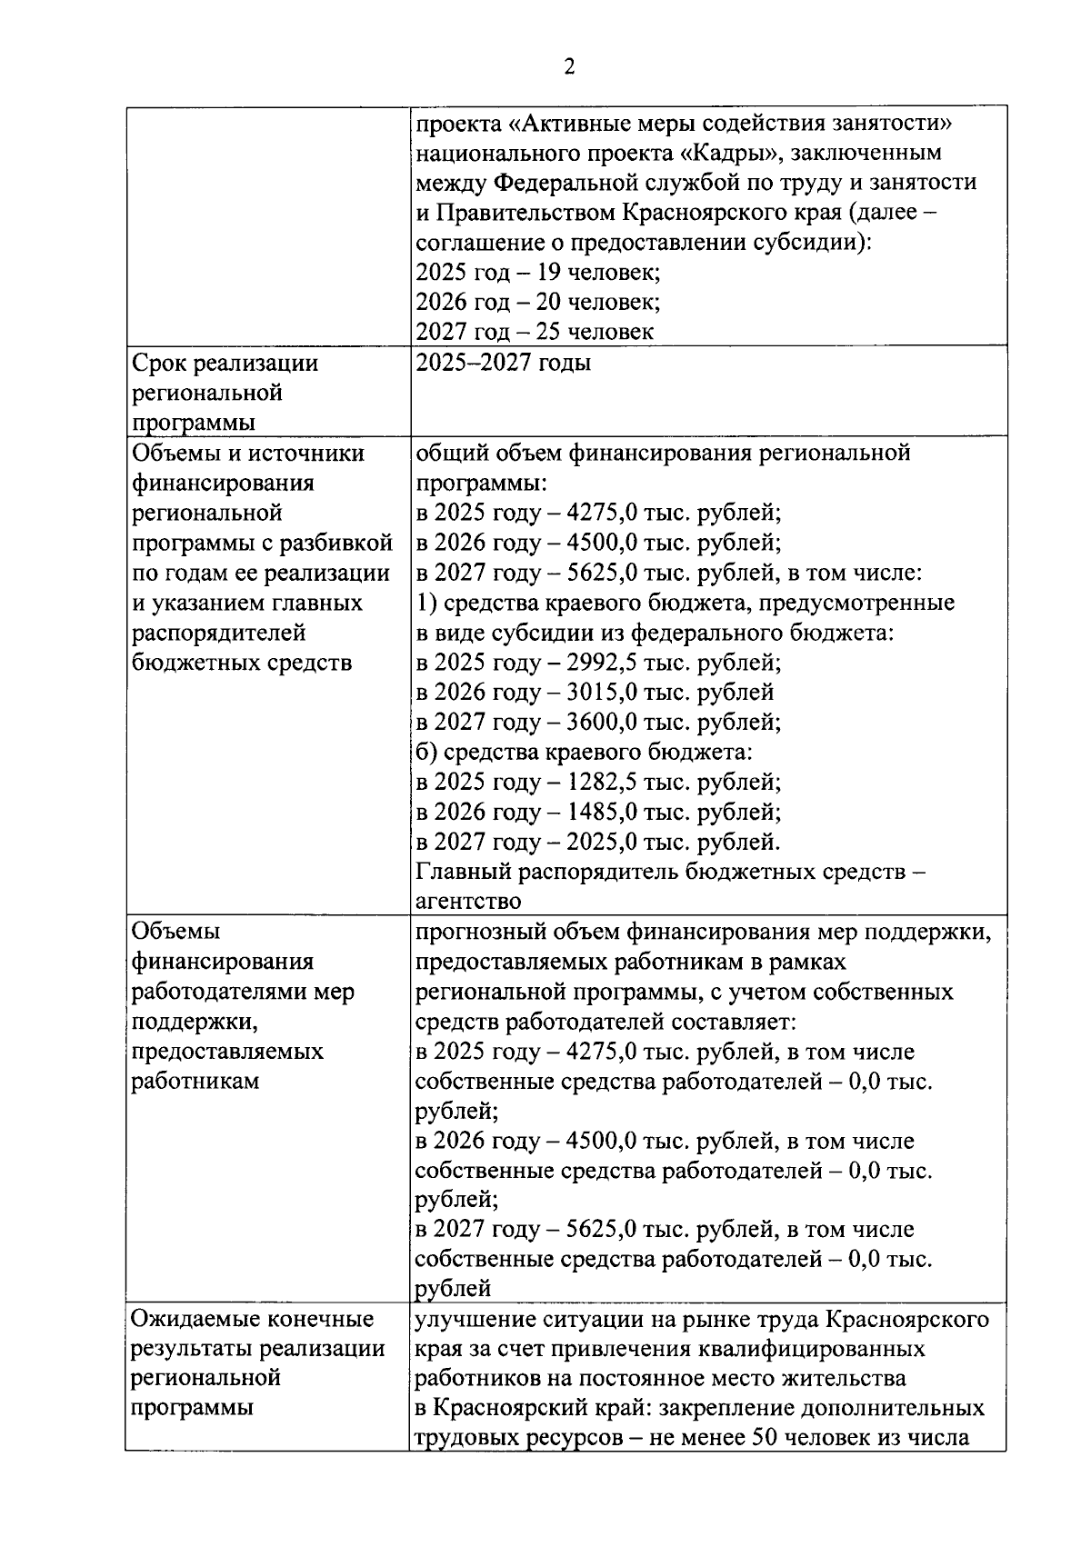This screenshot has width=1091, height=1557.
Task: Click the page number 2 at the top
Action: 569,67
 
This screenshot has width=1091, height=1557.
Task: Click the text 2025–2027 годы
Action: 503,363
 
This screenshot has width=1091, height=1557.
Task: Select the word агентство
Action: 468,902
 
